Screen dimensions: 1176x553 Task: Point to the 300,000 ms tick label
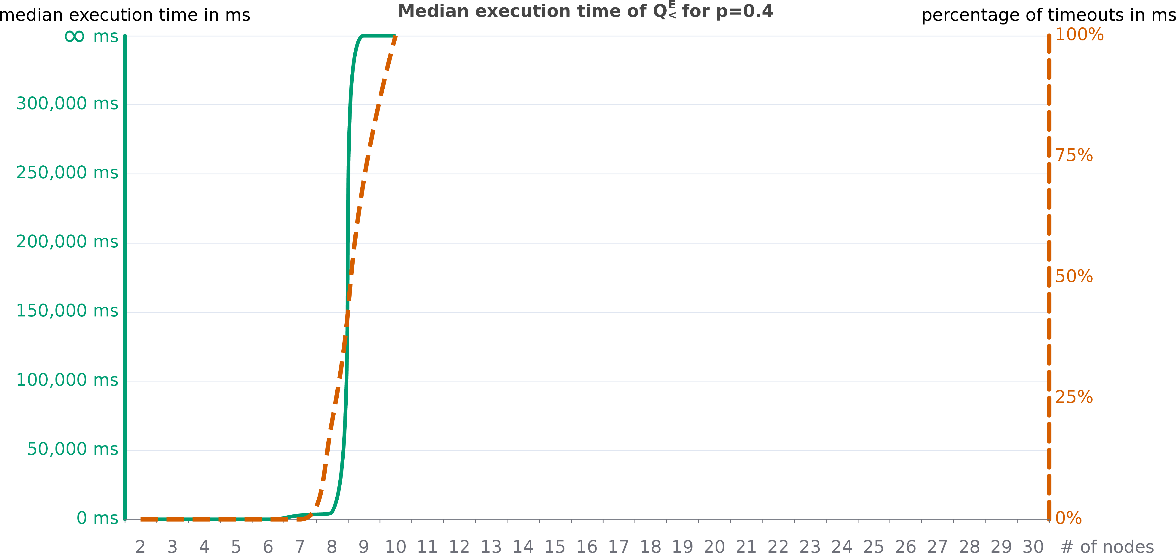tap(67, 104)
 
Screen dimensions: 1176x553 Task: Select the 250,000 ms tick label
tap(67, 173)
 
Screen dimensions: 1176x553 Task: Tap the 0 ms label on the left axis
tap(97, 518)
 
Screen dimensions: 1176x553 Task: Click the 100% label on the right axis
tap(1079, 35)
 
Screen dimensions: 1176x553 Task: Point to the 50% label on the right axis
tap(1074, 276)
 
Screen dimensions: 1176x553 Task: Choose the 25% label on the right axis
tap(1074, 397)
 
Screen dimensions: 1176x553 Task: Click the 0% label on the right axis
tap(1068, 518)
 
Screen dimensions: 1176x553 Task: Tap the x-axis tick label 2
tap(140, 547)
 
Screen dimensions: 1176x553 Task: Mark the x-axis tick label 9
tap(363, 547)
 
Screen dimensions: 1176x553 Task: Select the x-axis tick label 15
tap(555, 547)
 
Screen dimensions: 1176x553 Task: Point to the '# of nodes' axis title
tap(1107, 547)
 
